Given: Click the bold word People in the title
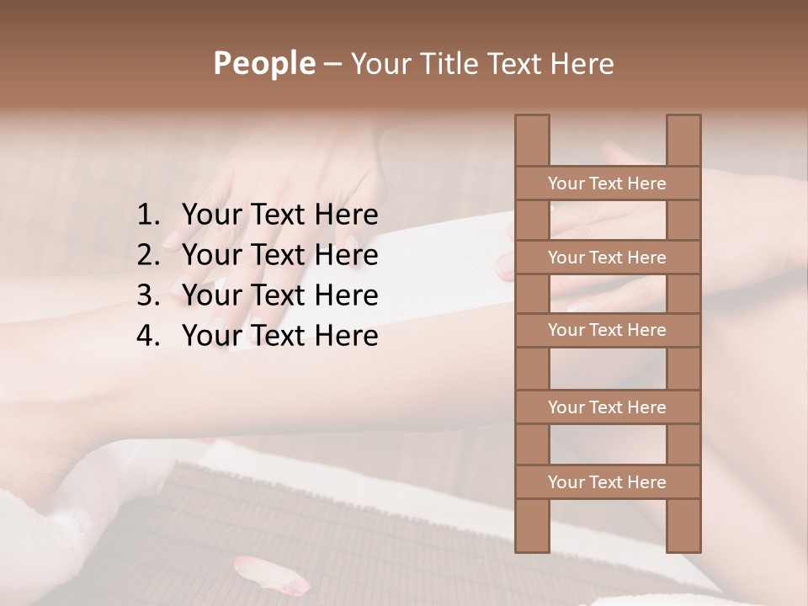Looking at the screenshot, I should click(x=263, y=63).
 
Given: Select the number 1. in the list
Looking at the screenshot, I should click(x=148, y=215).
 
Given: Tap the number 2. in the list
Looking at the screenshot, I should click(x=148, y=255).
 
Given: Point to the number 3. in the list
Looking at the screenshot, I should click(x=148, y=295).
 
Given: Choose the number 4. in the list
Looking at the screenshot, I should click(x=148, y=336).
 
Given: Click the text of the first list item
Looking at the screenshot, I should click(x=279, y=215).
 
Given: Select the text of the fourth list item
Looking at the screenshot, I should click(x=279, y=336).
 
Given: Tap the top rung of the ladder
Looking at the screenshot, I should click(x=607, y=183).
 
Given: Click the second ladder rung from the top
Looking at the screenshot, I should click(x=607, y=258).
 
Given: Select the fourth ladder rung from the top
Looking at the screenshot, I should click(x=607, y=407).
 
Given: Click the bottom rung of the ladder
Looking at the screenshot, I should click(x=607, y=482).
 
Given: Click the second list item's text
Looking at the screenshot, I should click(x=279, y=255).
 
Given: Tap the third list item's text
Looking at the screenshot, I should click(x=279, y=295).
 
